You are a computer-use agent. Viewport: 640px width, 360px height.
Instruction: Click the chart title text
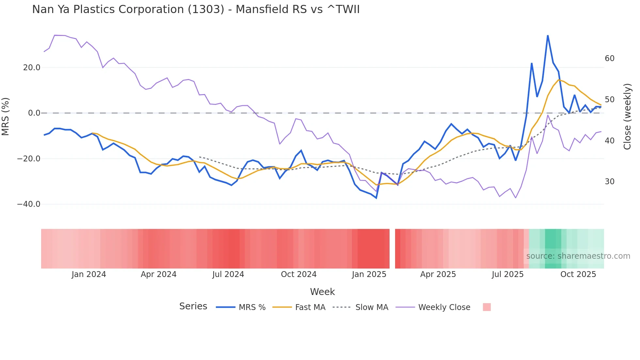(x=196, y=9)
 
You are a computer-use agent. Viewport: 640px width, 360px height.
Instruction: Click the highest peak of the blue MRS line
(x=548, y=36)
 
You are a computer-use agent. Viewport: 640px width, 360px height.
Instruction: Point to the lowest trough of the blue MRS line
(x=376, y=198)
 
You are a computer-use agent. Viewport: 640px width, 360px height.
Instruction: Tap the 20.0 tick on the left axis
(x=32, y=68)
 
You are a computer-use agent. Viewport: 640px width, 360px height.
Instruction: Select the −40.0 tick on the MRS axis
(x=29, y=204)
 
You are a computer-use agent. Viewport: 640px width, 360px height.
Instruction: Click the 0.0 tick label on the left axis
(x=34, y=113)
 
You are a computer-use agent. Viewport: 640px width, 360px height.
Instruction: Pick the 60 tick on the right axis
(x=610, y=58)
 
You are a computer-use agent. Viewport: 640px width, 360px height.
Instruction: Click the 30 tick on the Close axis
(x=610, y=182)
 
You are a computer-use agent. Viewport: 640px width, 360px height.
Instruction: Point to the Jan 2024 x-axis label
(x=89, y=274)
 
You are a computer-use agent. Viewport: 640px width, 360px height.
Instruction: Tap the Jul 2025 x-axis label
(x=508, y=274)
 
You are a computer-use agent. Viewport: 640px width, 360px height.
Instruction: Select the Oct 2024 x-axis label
(x=299, y=274)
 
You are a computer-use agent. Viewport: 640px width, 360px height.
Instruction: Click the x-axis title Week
(x=322, y=292)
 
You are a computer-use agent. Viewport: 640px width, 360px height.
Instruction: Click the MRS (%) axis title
(x=6, y=116)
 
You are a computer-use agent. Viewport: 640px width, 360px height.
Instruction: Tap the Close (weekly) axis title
(x=627, y=116)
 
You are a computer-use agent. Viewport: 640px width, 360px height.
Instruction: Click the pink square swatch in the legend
(x=487, y=307)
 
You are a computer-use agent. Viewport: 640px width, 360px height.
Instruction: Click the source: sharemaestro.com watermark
(x=578, y=256)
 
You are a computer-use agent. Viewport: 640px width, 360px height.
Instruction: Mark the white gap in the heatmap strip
(x=392, y=249)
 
